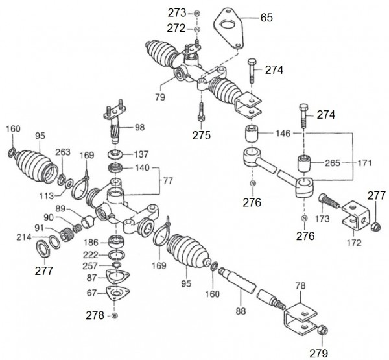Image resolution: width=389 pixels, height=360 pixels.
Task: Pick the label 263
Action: tap(62, 153)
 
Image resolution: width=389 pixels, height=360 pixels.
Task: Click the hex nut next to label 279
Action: tap(320, 331)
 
